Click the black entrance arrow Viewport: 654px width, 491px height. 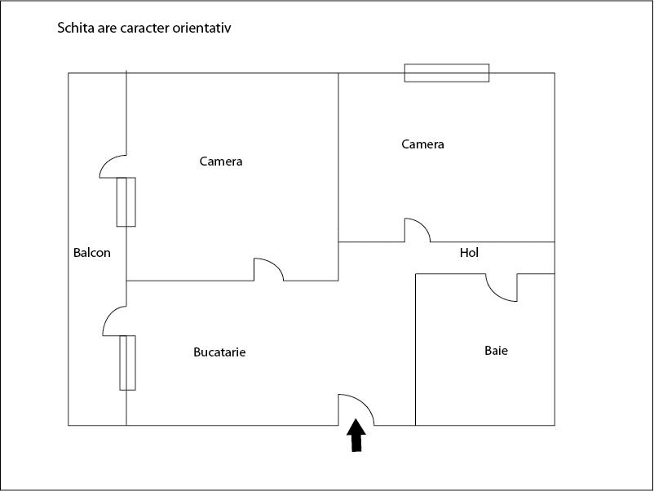pyautogui.click(x=356, y=436)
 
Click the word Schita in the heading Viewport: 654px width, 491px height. pyautogui.click(x=74, y=29)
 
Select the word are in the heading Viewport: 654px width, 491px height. pyautogui.click(x=106, y=29)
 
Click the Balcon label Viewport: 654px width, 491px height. pyautogui.click(x=92, y=253)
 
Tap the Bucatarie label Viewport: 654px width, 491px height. pyautogui.click(x=219, y=353)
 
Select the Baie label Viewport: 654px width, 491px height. pyautogui.click(x=496, y=352)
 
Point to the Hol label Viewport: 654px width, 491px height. pyautogui.click(x=469, y=253)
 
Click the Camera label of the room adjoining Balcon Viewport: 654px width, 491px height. pyautogui.click(x=221, y=161)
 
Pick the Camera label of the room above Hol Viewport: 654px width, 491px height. pyautogui.click(x=423, y=144)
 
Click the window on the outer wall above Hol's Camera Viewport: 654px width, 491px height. pyautogui.click(x=447, y=73)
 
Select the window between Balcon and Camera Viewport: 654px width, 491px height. pyautogui.click(x=126, y=201)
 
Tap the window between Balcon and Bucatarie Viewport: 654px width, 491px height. pyautogui.click(x=126, y=362)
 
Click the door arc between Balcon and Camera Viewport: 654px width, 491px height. pyautogui.click(x=112, y=166)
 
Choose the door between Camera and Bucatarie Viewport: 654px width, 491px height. pyautogui.click(x=269, y=270)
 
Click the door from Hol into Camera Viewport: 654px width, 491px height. pyautogui.click(x=418, y=230)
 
